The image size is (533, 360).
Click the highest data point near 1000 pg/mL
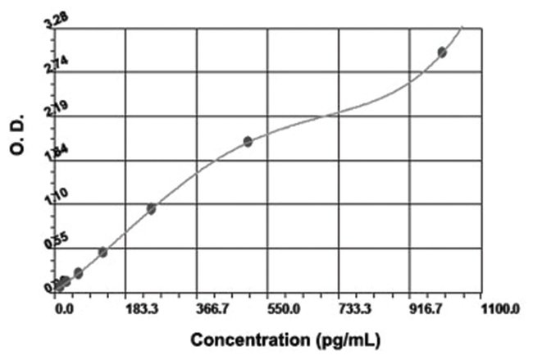pyautogui.click(x=442, y=52)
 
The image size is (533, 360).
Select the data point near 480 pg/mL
pyautogui.click(x=248, y=141)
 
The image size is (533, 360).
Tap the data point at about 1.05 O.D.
pyautogui.click(x=151, y=208)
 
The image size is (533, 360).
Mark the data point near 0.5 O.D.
pyautogui.click(x=102, y=252)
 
